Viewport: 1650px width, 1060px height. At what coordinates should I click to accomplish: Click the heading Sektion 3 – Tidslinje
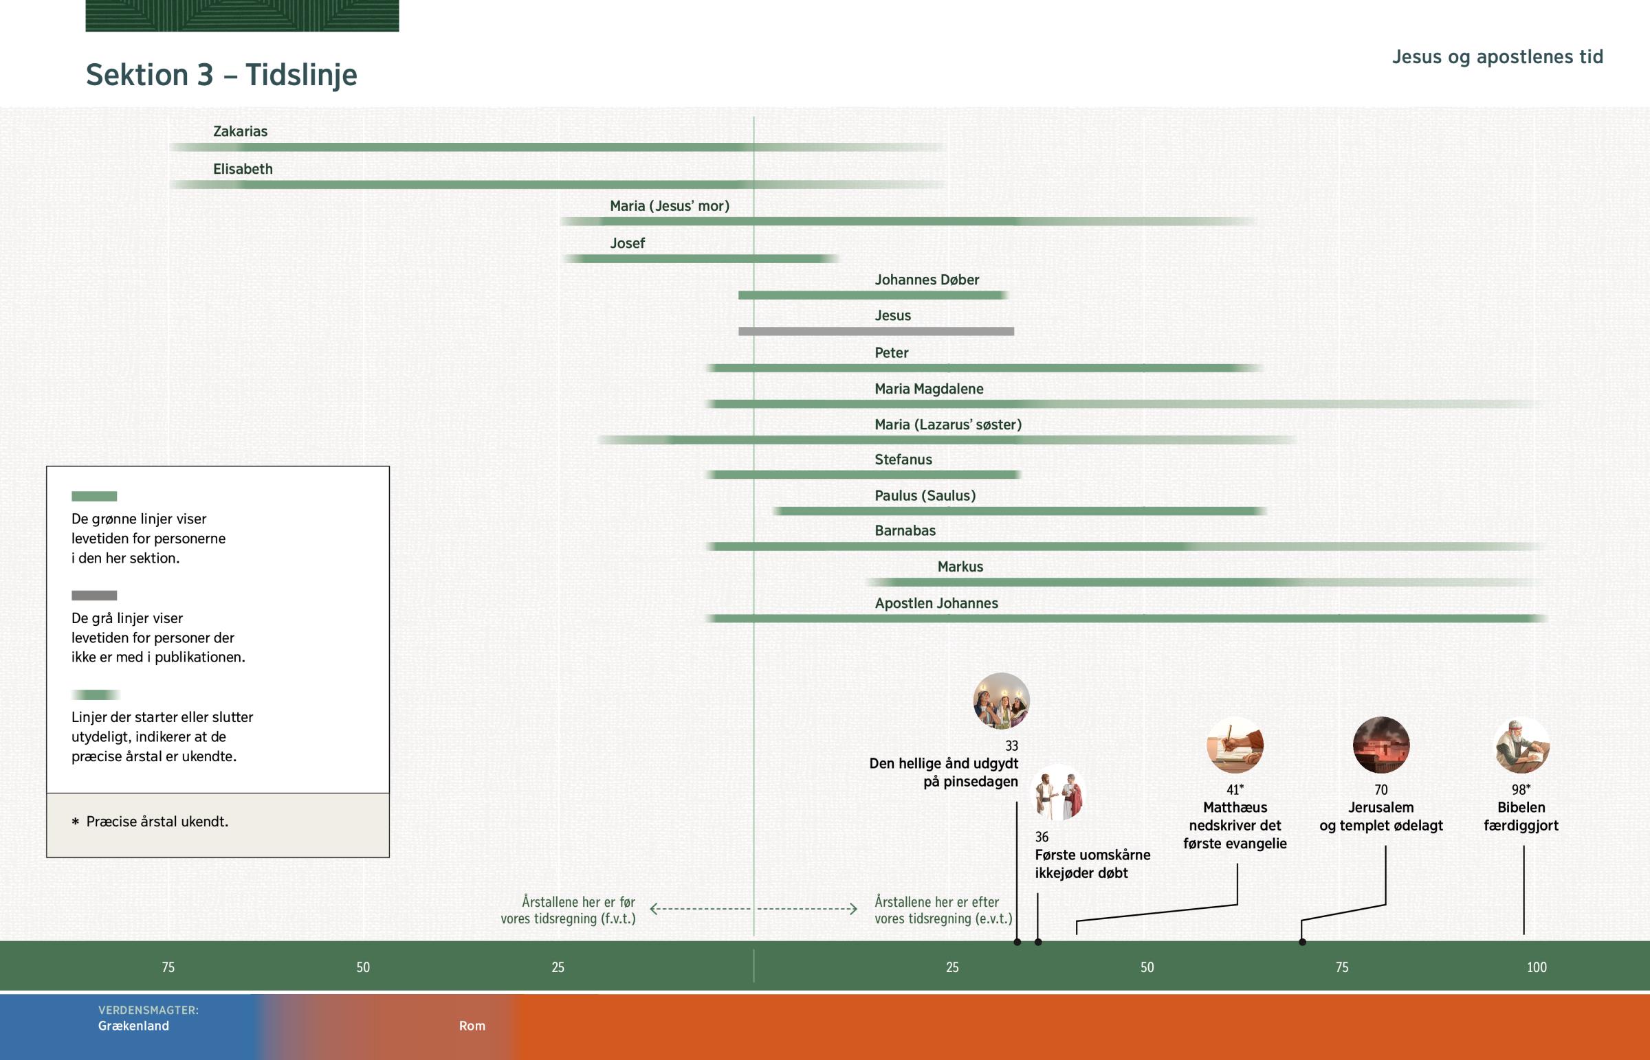[221, 75]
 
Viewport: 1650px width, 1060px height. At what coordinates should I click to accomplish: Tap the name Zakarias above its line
[240, 131]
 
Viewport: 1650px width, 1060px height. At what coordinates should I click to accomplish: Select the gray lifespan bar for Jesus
[875, 332]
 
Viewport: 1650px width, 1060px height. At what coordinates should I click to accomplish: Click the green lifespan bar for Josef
[699, 259]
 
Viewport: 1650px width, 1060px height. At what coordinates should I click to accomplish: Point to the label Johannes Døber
[926, 280]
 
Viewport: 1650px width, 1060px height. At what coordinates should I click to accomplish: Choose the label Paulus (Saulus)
[925, 495]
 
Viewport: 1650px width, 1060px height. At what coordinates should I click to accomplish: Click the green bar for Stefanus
[864, 475]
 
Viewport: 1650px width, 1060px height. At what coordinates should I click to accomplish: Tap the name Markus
[960, 567]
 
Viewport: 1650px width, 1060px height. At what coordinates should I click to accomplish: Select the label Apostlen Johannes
[936, 604]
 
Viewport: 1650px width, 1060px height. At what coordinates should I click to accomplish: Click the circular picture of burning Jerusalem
[1380, 745]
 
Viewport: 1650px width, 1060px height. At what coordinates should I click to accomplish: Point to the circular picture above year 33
[1001, 701]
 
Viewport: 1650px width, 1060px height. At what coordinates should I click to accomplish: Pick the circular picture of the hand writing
[1235, 745]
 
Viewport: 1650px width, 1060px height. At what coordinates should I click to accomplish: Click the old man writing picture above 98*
[1522, 745]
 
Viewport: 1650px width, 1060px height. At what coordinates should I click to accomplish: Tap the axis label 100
[1537, 968]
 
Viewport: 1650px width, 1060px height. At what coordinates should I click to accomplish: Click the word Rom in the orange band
[472, 1026]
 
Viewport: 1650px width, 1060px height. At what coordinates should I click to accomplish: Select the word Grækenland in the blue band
[133, 1026]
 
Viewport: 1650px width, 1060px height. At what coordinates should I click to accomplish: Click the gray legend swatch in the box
[94, 596]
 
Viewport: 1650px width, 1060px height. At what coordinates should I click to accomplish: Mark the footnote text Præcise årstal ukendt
[157, 822]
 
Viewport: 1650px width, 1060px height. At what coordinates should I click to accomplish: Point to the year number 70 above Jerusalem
[1380, 790]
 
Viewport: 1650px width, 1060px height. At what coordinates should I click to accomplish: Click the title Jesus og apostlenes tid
[1497, 57]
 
